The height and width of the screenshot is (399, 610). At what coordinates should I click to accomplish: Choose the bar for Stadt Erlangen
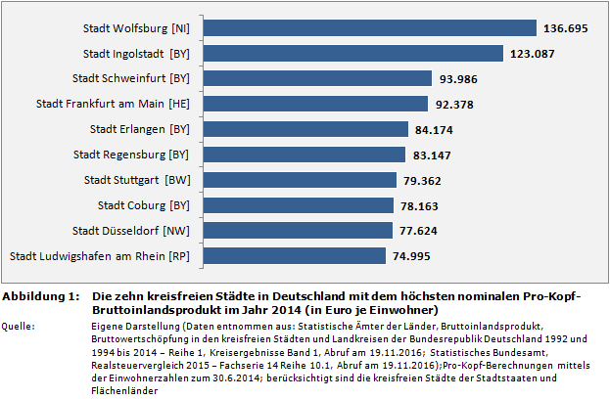tap(301, 129)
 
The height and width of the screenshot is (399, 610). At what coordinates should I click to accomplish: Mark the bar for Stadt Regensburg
tap(299, 155)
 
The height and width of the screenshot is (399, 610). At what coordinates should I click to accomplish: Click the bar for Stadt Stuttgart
tap(295, 180)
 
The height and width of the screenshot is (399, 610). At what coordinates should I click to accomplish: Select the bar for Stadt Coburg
tap(293, 205)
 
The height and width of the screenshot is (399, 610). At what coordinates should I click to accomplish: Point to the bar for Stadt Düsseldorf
tap(292, 231)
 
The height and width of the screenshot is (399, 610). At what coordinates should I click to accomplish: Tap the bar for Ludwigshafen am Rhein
tap(289, 256)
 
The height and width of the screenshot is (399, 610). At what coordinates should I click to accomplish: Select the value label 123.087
tap(533, 54)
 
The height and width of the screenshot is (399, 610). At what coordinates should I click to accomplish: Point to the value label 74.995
tap(414, 256)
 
